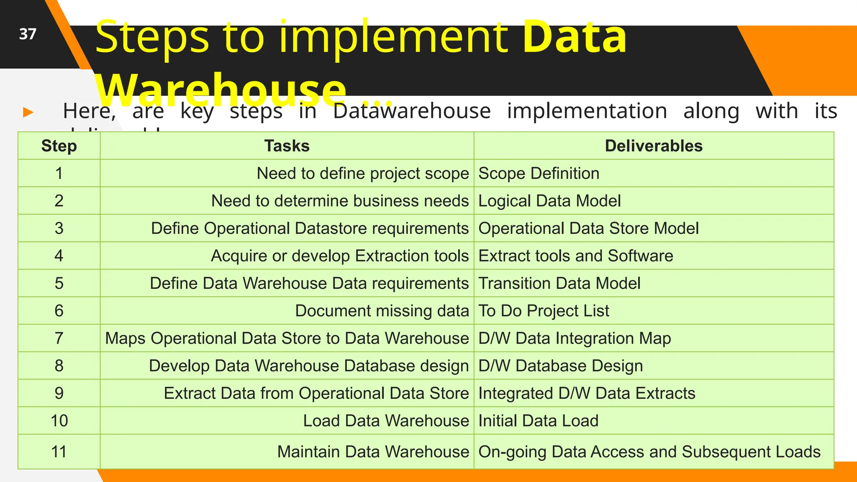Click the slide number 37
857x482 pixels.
28,34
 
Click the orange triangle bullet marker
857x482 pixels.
28,112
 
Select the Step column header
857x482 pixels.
59,146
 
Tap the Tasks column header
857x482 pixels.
287,146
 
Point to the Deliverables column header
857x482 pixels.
653,146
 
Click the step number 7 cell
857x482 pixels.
59,338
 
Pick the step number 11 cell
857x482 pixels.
59,452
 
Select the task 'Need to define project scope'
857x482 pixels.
362,173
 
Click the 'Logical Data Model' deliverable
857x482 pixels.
549,201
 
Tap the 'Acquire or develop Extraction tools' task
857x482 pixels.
339,256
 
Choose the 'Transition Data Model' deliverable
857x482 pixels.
559,283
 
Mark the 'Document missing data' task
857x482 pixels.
382,311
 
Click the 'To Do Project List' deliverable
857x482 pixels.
543,311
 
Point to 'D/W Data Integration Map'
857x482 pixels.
574,338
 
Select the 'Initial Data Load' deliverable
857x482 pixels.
538,420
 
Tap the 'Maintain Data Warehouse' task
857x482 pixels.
373,452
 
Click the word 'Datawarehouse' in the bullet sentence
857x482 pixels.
412,111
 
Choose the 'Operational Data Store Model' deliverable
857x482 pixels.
588,228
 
